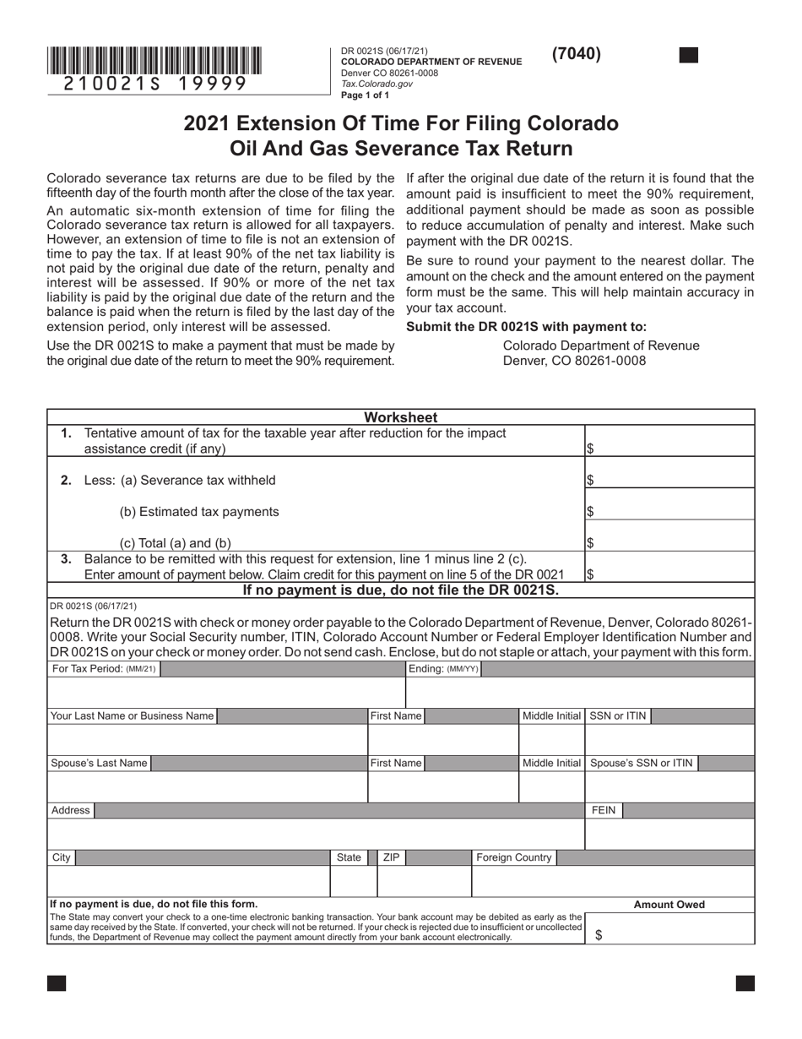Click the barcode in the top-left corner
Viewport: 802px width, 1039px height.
pyautogui.click(x=154, y=61)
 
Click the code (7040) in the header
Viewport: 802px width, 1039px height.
pyautogui.click(x=577, y=54)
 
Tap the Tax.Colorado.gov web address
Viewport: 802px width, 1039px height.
pyautogui.click(x=377, y=84)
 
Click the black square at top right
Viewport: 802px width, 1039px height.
pyautogui.click(x=689, y=56)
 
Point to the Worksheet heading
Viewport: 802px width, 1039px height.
pyautogui.click(x=401, y=417)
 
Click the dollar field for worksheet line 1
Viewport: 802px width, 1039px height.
pyautogui.click(x=669, y=449)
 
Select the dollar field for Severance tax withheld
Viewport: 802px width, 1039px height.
pyautogui.click(x=669, y=480)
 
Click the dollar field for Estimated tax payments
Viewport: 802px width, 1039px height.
pyautogui.click(x=669, y=511)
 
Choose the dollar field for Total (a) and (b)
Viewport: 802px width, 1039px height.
pyautogui.click(x=669, y=542)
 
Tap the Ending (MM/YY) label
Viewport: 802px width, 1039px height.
pyautogui.click(x=444, y=669)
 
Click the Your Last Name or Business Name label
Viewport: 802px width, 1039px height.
pyautogui.click(x=132, y=716)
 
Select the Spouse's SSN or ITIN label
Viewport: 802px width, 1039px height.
pyautogui.click(x=642, y=764)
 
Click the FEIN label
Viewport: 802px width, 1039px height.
pyautogui.click(x=604, y=811)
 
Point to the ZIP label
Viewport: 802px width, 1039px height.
pyautogui.click(x=391, y=858)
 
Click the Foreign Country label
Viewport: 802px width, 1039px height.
pyautogui.click(x=514, y=858)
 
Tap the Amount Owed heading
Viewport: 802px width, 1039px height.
pyautogui.click(x=669, y=905)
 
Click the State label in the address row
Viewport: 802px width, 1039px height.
pyautogui.click(x=349, y=858)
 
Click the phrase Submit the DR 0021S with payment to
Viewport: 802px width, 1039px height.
pyautogui.click(x=527, y=328)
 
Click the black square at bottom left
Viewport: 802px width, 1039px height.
pyautogui.click(x=57, y=983)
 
